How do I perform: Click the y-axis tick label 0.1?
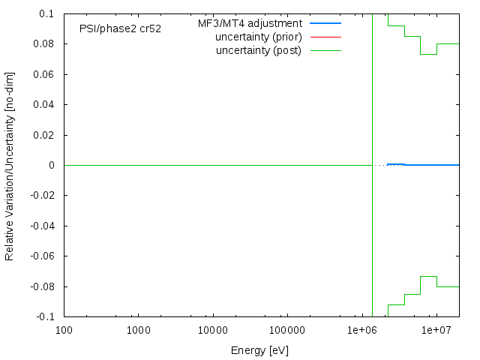[46, 13]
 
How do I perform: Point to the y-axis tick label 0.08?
[43, 43]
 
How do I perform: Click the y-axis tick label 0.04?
[43, 104]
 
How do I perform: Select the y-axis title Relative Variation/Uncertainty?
[10, 165]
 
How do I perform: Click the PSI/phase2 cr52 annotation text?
[120, 28]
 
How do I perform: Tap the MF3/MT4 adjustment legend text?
[255, 23]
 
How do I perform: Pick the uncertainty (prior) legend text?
[258, 37]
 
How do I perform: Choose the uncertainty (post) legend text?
[259, 50]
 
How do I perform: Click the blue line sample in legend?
[325, 24]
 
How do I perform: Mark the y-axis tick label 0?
[50, 165]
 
